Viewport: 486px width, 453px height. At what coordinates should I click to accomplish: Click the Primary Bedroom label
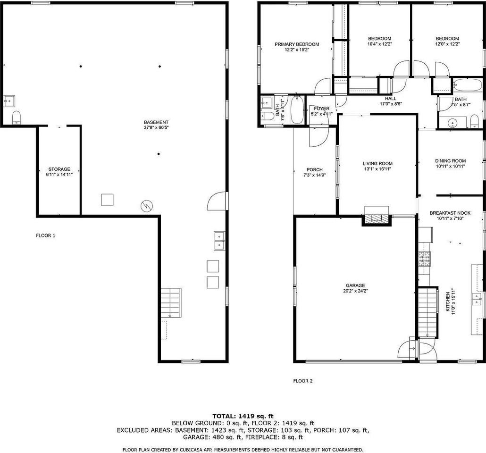[x=297, y=44]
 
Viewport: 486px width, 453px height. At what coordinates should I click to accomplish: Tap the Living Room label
[x=377, y=163]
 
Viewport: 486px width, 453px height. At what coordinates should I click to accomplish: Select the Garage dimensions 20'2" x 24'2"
[x=355, y=291]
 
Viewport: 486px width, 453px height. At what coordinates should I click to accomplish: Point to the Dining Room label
[x=450, y=161]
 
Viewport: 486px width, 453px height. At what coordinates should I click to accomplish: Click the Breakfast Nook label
[x=450, y=213]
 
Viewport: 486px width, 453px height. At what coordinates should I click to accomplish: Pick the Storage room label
[x=59, y=169]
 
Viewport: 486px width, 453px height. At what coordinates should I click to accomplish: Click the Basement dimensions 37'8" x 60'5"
[x=156, y=127]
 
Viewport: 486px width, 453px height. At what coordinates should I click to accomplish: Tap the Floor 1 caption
[x=46, y=235]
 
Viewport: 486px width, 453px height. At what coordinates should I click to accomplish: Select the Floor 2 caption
[x=303, y=381]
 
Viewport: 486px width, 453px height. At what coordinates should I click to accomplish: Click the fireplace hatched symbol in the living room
[x=377, y=218]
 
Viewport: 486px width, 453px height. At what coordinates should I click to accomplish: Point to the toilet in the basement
[x=16, y=117]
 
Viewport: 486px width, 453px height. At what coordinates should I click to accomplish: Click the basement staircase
[x=171, y=302]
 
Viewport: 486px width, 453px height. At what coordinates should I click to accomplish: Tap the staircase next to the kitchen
[x=428, y=313]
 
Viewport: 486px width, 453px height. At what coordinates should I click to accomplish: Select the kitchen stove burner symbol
[x=425, y=259]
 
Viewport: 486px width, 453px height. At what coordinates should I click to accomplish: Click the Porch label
[x=315, y=169]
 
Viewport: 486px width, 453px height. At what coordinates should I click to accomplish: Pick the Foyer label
[x=322, y=109]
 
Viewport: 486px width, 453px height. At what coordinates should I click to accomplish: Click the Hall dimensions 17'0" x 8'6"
[x=391, y=104]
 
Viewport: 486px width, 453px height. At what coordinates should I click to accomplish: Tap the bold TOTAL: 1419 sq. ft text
[x=243, y=416]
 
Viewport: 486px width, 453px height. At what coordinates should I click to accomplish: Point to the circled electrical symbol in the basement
[x=147, y=206]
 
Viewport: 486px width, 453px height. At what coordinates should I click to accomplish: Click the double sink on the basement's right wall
[x=219, y=241]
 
